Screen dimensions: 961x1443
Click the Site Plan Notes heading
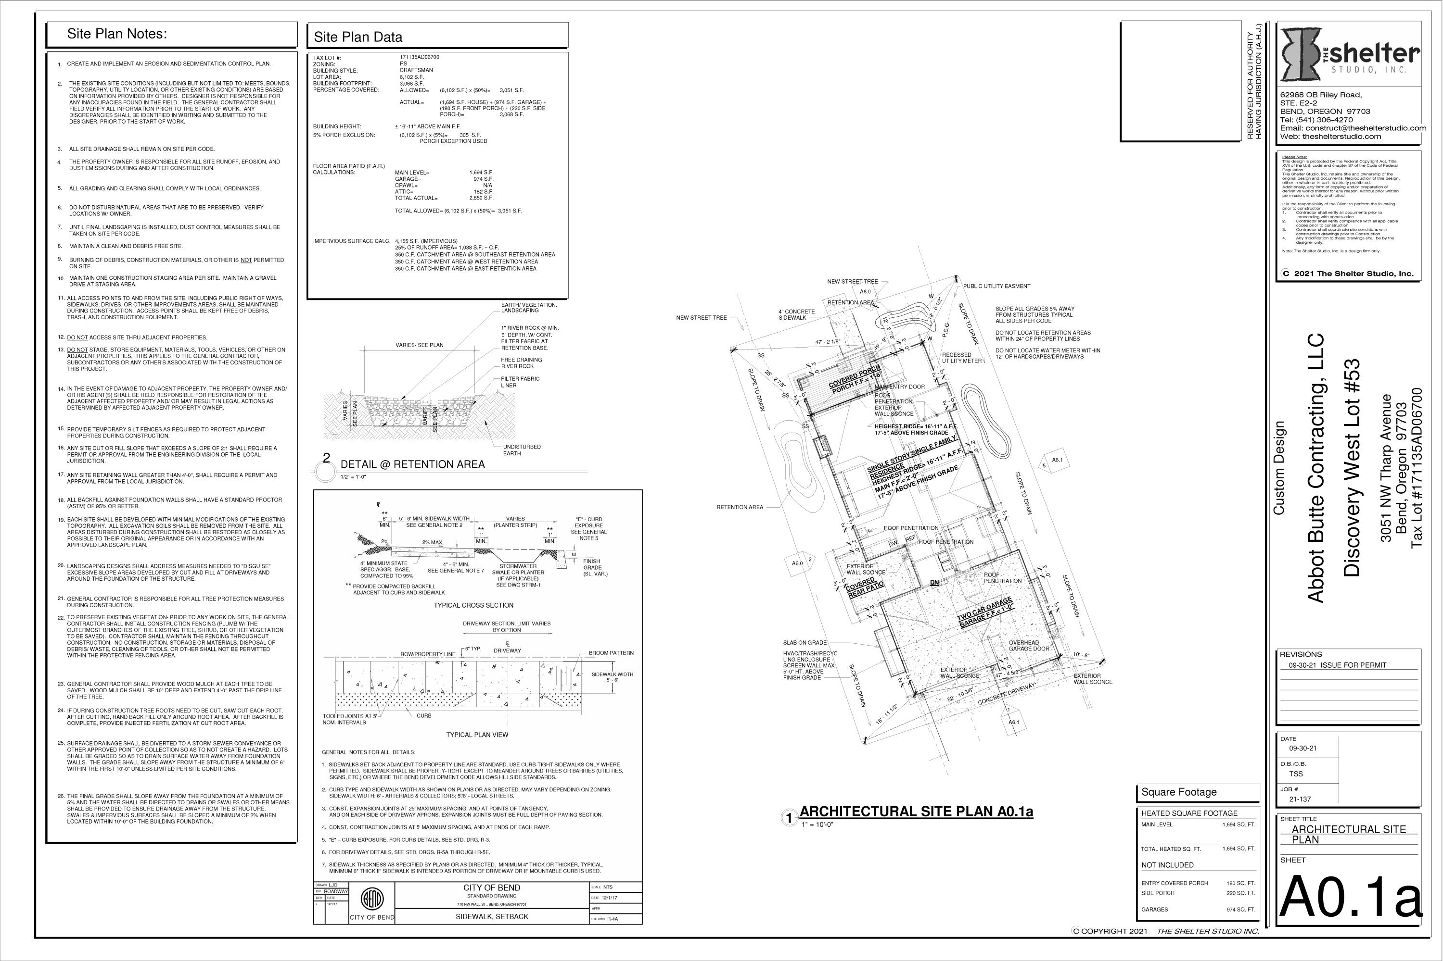(116, 34)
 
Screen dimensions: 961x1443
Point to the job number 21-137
(1301, 799)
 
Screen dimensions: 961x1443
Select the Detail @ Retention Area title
(412, 464)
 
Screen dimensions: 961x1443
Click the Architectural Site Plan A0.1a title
(916, 812)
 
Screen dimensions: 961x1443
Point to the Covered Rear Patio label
(865, 587)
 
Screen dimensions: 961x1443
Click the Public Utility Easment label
(996, 286)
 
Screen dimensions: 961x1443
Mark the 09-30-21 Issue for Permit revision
(1332, 665)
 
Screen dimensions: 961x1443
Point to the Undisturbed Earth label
(522, 450)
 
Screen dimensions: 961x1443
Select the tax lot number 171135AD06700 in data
(419, 57)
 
